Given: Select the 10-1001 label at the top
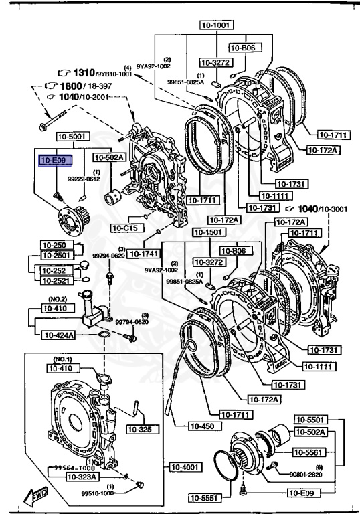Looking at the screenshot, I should [214, 25].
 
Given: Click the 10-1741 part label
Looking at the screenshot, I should [143, 254].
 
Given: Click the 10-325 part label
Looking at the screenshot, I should [139, 428].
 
